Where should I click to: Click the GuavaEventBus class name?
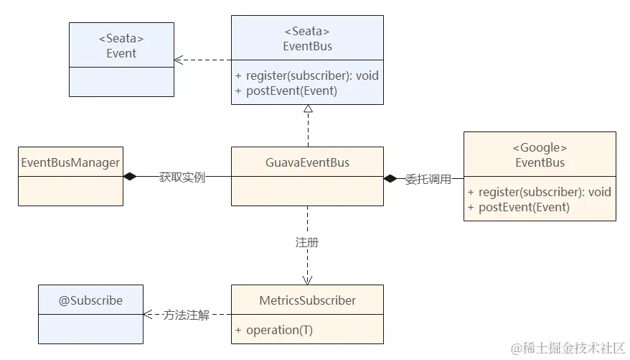[307, 162]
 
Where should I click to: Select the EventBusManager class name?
[70, 162]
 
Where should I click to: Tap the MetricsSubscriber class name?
[307, 300]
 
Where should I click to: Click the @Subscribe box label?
[90, 300]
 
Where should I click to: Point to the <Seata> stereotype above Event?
[121, 38]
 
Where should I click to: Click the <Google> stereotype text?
[540, 147]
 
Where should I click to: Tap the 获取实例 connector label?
[182, 177]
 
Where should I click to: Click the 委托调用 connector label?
[428, 179]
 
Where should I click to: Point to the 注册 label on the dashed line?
[307, 243]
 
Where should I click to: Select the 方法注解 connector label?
[186, 315]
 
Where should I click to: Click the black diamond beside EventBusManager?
[130, 177]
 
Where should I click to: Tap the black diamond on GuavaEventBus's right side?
[390, 178]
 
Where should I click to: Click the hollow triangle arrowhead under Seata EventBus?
[308, 109]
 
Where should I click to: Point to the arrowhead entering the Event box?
[179, 60]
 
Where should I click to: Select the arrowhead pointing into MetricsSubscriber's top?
[307, 280]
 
